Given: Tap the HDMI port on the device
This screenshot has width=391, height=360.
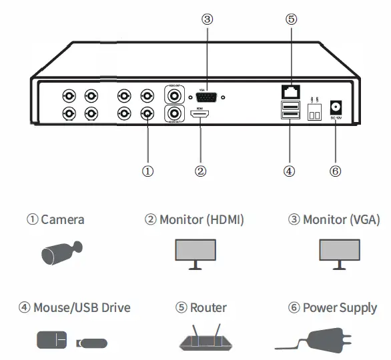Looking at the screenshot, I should click(x=201, y=115).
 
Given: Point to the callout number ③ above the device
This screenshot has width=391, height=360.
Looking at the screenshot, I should click(x=207, y=19).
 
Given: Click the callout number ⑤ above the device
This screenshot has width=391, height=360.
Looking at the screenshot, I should click(x=291, y=19).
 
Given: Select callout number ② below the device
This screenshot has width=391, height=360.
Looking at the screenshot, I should click(x=200, y=171).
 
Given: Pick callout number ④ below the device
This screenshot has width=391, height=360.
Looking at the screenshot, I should click(x=289, y=171).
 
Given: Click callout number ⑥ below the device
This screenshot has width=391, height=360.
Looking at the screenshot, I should click(x=336, y=171).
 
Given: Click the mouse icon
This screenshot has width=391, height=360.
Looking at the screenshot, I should click(x=51, y=342).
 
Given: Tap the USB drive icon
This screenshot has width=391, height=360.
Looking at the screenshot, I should click(x=91, y=343).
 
